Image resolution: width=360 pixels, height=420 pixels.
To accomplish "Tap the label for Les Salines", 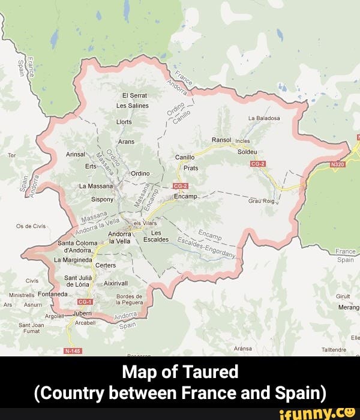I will [x=132, y=105].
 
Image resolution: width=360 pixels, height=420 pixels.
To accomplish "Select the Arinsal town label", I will [x=76, y=154].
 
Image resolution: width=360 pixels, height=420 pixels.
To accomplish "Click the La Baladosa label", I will [x=264, y=118].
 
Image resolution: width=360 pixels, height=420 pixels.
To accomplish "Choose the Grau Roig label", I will [x=260, y=202].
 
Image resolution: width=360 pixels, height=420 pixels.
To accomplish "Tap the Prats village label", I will [x=190, y=168].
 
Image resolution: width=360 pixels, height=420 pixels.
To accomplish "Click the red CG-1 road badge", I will [x=85, y=302].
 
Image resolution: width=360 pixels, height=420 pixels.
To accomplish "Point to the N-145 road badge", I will [x=72, y=351].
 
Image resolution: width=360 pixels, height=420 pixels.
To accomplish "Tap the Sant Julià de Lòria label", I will [x=78, y=281].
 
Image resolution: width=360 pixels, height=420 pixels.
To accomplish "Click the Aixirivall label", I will [x=116, y=283].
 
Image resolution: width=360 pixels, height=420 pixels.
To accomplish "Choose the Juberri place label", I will [x=82, y=313].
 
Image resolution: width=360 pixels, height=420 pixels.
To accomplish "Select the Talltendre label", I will [x=334, y=349].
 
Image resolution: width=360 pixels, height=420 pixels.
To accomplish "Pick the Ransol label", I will [x=221, y=140].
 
